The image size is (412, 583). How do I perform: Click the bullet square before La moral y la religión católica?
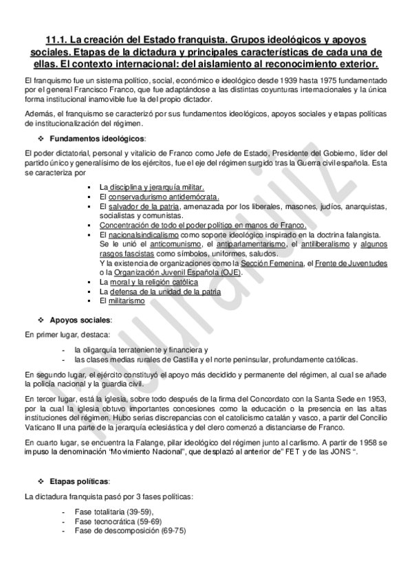tap(91, 282)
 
